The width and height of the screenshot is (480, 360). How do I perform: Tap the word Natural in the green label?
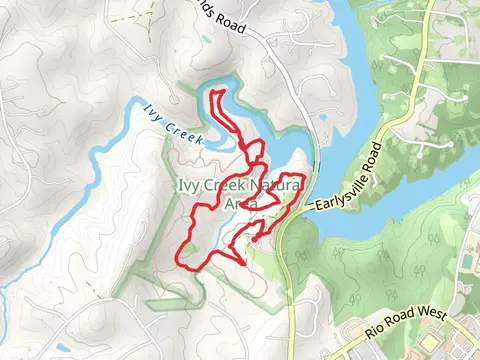[x=272, y=185]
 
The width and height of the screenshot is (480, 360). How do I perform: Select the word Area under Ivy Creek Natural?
[x=240, y=203]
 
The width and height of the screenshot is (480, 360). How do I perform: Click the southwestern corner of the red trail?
[x=181, y=262]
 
